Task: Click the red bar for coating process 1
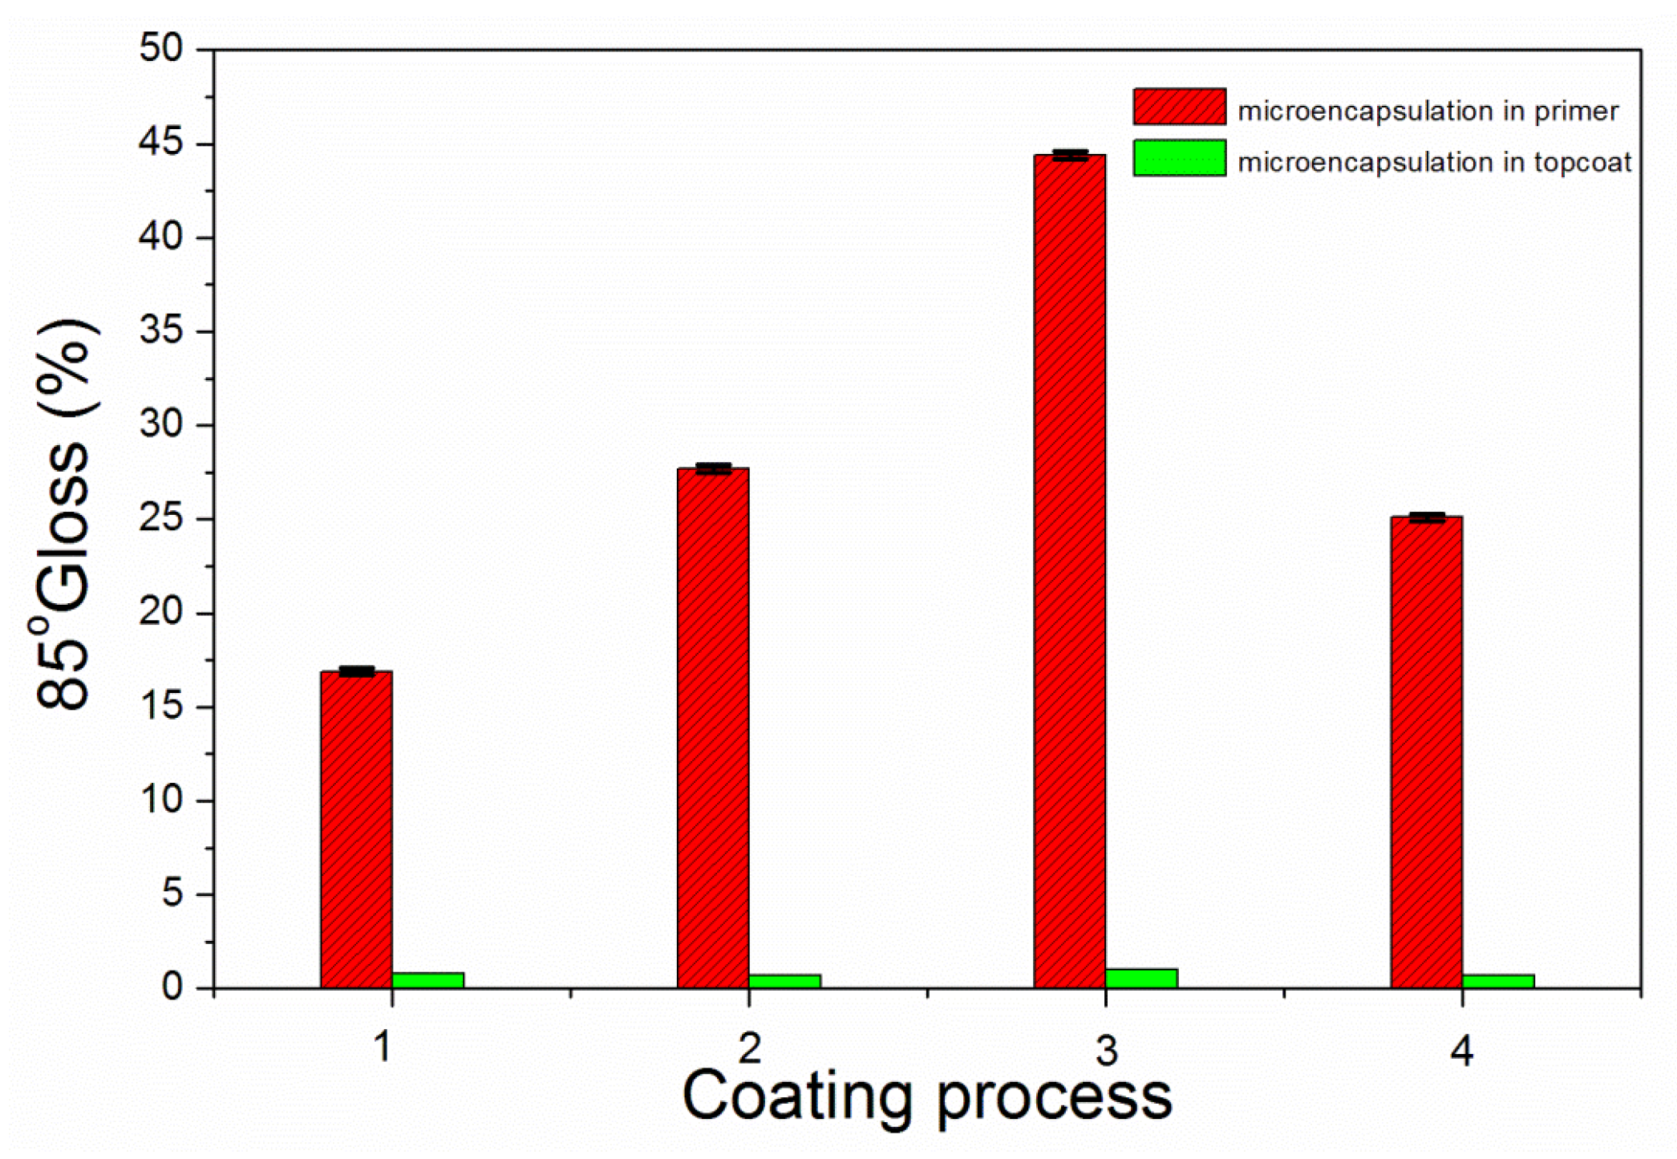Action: pyautogui.click(x=356, y=830)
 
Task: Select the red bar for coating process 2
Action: pyautogui.click(x=713, y=728)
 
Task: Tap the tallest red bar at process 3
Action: pyautogui.click(x=1069, y=571)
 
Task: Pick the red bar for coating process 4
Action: pyautogui.click(x=1426, y=752)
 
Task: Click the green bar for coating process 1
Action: pyautogui.click(x=428, y=980)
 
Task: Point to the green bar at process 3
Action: pyautogui.click(x=1141, y=979)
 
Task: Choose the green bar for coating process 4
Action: pyautogui.click(x=1498, y=981)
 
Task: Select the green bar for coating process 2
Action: pyautogui.click(x=784, y=981)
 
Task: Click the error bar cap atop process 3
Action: pyautogui.click(x=1069, y=155)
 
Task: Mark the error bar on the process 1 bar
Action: pyautogui.click(x=356, y=671)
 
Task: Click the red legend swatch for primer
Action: pyautogui.click(x=1179, y=107)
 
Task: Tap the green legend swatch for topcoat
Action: pyautogui.click(x=1179, y=158)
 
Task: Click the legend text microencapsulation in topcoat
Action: pyautogui.click(x=1434, y=163)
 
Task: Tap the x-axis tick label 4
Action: pyautogui.click(x=1461, y=1051)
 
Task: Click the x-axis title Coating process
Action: pyautogui.click(x=926, y=1096)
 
